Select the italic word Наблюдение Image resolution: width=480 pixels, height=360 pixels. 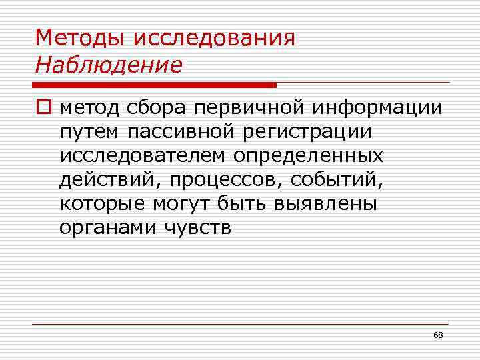(x=109, y=65)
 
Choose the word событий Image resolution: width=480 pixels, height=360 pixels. (x=317, y=179)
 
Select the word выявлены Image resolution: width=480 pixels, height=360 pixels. (x=326, y=203)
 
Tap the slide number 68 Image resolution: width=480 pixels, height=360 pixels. (x=437, y=335)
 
